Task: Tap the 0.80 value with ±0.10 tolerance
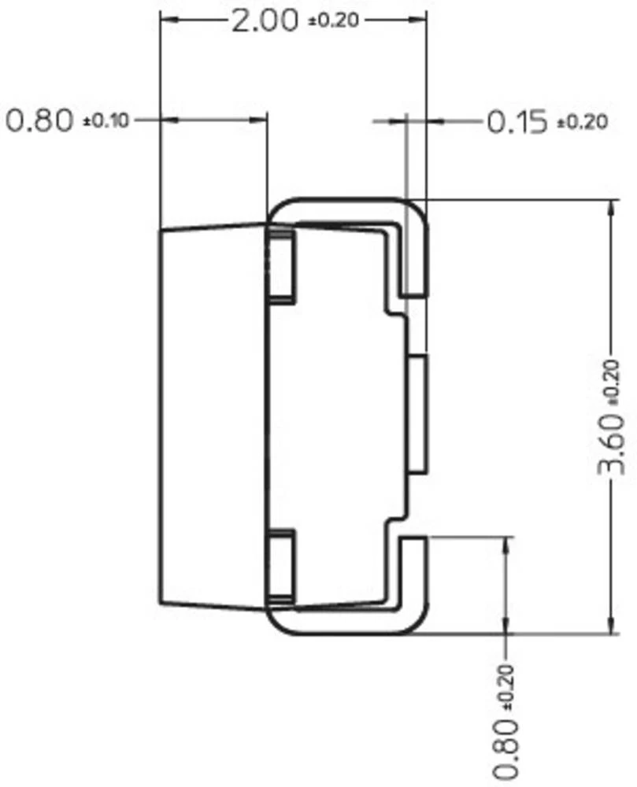(39, 121)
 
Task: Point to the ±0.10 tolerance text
(106, 122)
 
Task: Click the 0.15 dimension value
(517, 122)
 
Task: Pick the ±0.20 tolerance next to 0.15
(583, 123)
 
